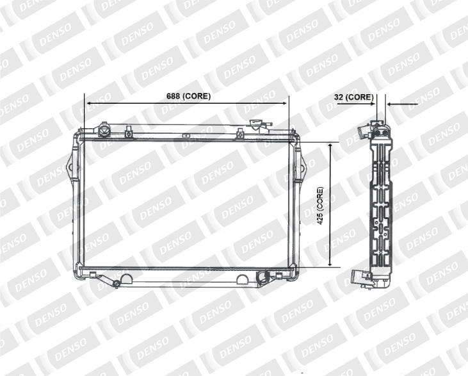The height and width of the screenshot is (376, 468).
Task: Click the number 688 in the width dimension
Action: (x=173, y=96)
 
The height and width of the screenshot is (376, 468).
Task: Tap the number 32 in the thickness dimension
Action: (x=339, y=97)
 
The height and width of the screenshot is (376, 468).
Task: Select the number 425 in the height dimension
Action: (x=320, y=219)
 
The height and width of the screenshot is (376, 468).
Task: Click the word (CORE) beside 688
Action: (x=197, y=96)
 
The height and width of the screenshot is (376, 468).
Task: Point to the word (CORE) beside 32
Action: (x=359, y=97)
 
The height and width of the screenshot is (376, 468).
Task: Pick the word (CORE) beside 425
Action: (x=320, y=199)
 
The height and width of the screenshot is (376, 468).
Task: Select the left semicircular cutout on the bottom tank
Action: (x=127, y=279)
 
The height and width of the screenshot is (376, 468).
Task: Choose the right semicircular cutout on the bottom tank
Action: (x=243, y=279)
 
